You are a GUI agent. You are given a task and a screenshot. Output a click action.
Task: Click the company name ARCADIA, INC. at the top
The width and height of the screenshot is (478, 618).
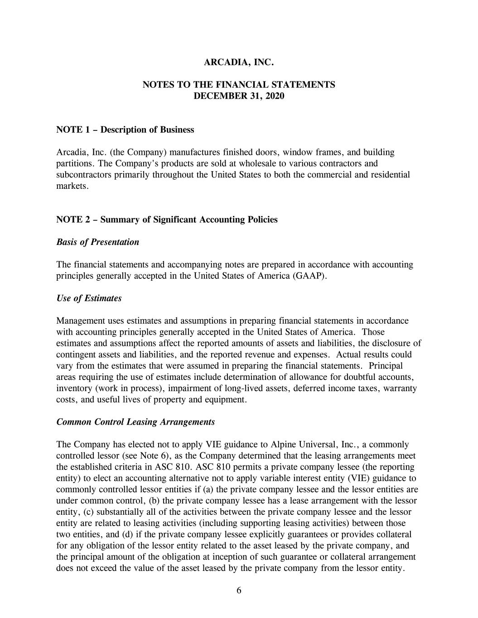(239, 62)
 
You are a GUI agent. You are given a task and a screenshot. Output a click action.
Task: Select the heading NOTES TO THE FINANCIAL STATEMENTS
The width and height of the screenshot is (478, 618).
(239, 85)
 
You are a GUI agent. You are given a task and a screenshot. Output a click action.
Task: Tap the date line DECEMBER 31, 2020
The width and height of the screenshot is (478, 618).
(239, 96)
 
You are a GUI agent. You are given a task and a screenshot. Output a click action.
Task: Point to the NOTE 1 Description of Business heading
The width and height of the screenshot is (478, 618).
(125, 130)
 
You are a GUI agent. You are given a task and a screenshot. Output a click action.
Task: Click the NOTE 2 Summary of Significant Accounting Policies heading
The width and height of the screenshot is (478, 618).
(167, 220)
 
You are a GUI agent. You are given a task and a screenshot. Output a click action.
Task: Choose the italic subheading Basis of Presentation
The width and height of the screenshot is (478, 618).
(97, 242)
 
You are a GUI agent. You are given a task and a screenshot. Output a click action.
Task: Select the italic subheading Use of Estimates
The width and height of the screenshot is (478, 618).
(89, 298)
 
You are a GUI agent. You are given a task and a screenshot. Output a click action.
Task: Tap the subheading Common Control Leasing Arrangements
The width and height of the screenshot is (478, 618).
(135, 422)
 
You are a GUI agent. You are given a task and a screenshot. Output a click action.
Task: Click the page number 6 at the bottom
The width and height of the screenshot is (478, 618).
(239, 590)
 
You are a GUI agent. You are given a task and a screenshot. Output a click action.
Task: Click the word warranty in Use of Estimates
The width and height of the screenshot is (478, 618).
(401, 388)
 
